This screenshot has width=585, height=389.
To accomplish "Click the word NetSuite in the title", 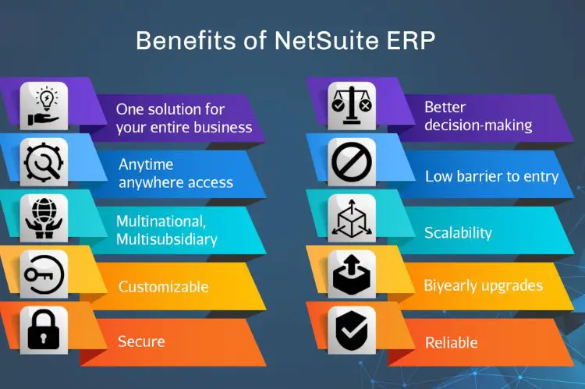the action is pyautogui.click(x=327, y=41).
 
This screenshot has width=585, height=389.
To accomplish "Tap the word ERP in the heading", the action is pyautogui.click(x=411, y=41).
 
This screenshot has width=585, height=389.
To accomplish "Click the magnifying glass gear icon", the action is pyautogui.click(x=44, y=162).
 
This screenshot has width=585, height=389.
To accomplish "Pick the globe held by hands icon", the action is pyautogui.click(x=44, y=217).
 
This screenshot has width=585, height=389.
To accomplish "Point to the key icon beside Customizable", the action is pyautogui.click(x=44, y=274).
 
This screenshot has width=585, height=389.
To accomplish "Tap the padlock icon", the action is pyautogui.click(x=44, y=330).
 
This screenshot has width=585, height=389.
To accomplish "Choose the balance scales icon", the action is pyautogui.click(x=352, y=106).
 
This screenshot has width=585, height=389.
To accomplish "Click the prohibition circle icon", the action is pyautogui.click(x=352, y=162).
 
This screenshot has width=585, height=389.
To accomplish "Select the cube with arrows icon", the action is pyautogui.click(x=352, y=218).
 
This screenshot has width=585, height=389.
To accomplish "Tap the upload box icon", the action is pyautogui.click(x=352, y=274).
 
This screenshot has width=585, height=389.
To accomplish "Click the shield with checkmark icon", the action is pyautogui.click(x=352, y=331).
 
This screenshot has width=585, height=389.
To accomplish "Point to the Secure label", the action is pyautogui.click(x=141, y=341).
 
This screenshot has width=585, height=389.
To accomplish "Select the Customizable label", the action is pyautogui.click(x=164, y=286).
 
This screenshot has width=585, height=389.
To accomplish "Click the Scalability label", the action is pyautogui.click(x=458, y=233).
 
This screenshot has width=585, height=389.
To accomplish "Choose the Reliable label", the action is pyautogui.click(x=452, y=342).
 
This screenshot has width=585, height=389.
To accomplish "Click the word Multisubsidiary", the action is pyautogui.click(x=167, y=239).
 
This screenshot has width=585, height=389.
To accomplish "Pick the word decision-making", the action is pyautogui.click(x=478, y=126).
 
